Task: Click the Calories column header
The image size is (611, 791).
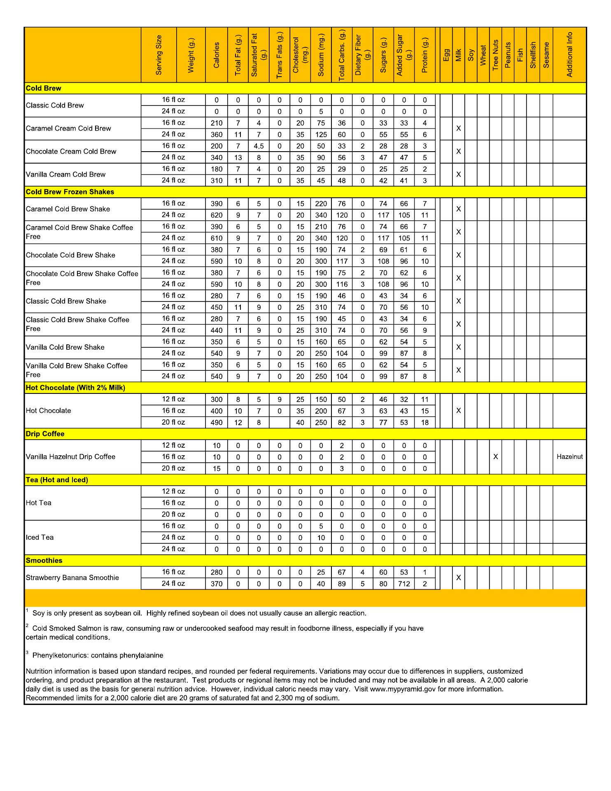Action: click(217, 55)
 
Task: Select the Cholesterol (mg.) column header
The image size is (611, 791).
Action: click(300, 55)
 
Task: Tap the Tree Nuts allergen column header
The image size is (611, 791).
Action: click(495, 55)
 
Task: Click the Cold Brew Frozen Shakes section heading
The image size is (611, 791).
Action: click(70, 192)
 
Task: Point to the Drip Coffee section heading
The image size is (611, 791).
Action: click(45, 434)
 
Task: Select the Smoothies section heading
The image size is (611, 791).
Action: click(44, 561)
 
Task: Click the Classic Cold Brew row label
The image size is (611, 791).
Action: click(55, 105)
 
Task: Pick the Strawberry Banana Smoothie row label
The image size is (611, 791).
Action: click(72, 578)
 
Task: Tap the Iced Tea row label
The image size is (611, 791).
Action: click(40, 537)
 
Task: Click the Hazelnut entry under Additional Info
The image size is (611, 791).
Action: click(569, 456)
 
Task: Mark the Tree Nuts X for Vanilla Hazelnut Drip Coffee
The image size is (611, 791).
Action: click(495, 457)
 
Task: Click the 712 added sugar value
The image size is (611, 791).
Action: click(404, 584)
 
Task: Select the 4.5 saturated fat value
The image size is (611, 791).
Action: click(259, 146)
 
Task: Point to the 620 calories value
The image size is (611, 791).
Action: click(217, 215)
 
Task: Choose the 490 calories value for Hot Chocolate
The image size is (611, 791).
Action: click(217, 423)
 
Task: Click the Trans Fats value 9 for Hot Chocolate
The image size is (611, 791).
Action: click(280, 400)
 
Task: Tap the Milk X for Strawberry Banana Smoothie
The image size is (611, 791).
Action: click(458, 578)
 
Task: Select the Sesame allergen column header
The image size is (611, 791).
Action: click(546, 55)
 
